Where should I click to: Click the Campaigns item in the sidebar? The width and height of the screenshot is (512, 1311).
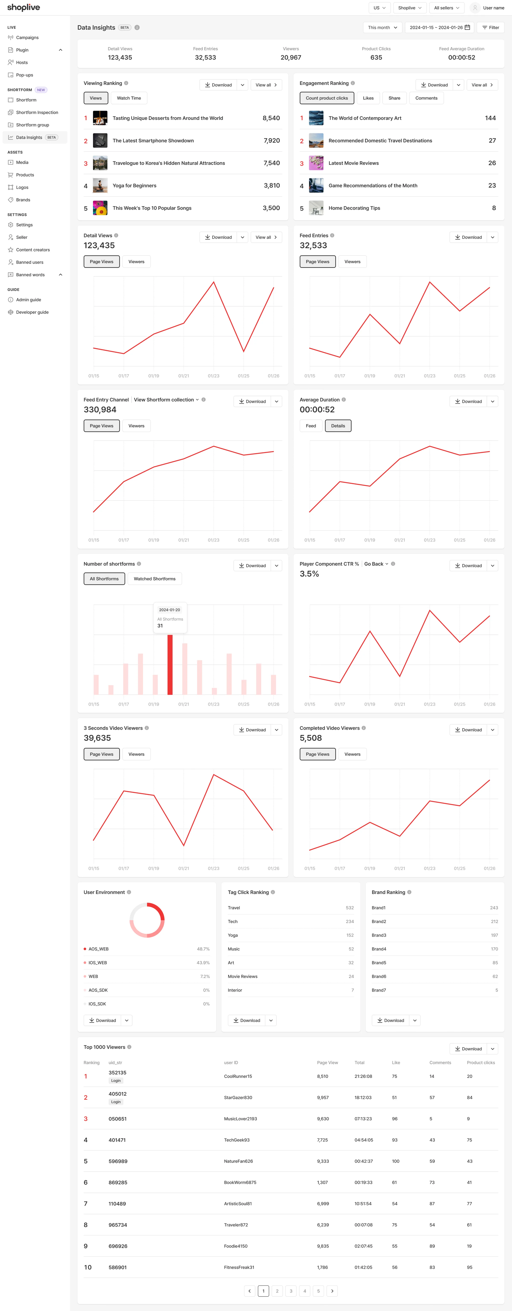[27, 38]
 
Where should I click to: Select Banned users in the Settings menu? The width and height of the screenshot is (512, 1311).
[29, 262]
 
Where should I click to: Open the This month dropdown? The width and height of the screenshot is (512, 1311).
[382, 28]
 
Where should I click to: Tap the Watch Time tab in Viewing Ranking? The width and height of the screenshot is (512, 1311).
[129, 98]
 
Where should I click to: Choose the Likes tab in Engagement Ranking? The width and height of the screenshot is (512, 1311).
[368, 98]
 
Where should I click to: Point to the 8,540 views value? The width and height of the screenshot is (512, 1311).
[271, 118]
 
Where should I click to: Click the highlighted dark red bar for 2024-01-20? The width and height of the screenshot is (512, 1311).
[170, 664]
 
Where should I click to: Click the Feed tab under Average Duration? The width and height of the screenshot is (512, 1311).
[311, 426]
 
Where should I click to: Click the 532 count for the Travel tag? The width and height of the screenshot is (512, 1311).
[350, 908]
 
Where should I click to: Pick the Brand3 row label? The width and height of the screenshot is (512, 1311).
[379, 935]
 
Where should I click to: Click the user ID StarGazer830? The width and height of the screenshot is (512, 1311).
[238, 1098]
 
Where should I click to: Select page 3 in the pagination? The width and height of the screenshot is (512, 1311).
[291, 1291]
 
